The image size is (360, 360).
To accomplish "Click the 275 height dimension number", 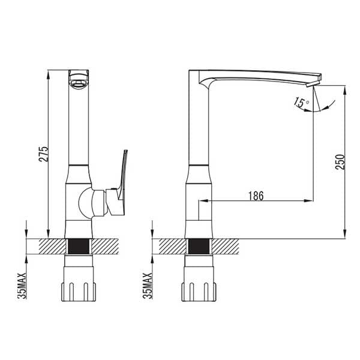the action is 44,154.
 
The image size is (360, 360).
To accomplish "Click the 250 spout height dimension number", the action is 340,162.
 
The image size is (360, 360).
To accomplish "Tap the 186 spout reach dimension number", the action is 256,196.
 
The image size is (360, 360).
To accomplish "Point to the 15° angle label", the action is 301,103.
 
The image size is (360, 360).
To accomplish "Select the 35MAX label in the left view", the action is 22,286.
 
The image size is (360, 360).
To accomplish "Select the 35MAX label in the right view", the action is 148,286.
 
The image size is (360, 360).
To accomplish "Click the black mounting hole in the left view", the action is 79,247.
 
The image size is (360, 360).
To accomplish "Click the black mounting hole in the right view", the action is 199,247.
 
